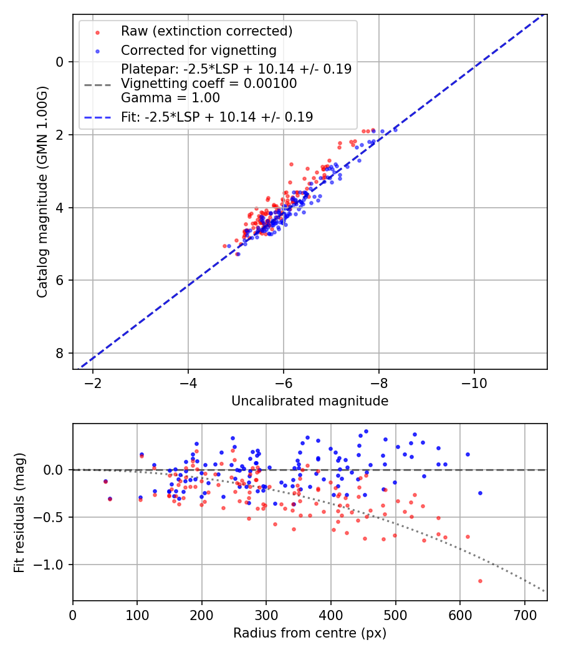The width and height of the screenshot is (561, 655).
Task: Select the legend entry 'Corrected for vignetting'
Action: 198,50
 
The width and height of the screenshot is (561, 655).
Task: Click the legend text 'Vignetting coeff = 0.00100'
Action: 209,84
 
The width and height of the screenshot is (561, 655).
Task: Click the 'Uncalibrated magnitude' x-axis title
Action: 310,401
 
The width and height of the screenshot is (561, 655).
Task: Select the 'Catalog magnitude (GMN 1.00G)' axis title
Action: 42,192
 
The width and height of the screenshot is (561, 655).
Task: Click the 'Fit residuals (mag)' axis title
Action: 19,512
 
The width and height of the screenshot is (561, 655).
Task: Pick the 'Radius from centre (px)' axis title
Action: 310,633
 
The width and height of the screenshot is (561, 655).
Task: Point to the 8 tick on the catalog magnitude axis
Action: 60,353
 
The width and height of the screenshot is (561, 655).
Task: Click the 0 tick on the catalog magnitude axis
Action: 60,62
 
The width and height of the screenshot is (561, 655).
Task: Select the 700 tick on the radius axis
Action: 524,614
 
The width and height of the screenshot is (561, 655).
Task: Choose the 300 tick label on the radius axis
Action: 266,614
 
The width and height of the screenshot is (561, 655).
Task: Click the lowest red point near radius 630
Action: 480,581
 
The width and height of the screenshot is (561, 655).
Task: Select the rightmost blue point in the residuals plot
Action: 480,493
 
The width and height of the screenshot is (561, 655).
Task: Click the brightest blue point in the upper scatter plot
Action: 395,130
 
